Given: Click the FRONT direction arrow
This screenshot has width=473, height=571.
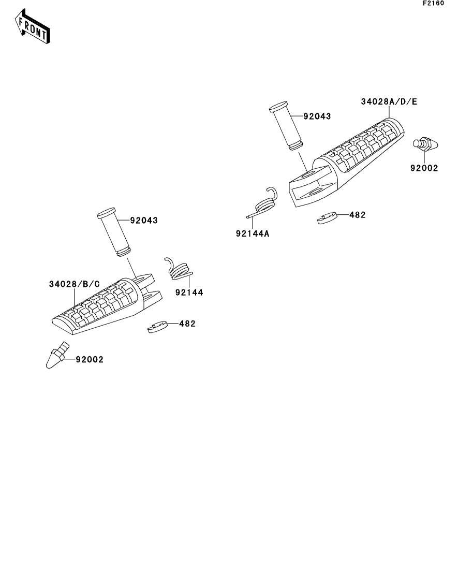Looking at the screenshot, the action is click(32, 26).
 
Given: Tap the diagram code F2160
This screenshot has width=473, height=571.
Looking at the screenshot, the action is click(433, 3).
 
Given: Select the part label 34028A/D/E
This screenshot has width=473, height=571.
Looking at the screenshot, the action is click(389, 101).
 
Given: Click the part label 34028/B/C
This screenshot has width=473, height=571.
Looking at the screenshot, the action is click(75, 284).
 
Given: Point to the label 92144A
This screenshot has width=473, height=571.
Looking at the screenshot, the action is click(253, 234).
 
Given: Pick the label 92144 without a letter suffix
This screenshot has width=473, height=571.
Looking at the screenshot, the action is click(189, 292).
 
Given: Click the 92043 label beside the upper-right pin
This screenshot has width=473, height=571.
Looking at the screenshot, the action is click(317, 116).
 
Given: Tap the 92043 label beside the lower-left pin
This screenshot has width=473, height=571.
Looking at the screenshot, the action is click(144, 221).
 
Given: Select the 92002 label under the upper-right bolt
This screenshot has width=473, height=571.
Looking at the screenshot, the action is click(424, 168).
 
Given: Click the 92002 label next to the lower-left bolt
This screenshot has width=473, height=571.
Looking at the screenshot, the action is click(90, 359).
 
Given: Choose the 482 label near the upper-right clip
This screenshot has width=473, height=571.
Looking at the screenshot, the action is click(357, 215).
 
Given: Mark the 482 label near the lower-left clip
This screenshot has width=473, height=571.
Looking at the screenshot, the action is click(187, 324).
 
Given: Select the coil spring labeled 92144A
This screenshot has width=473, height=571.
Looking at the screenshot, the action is click(263, 204).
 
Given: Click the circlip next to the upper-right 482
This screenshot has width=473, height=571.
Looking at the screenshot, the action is click(328, 218).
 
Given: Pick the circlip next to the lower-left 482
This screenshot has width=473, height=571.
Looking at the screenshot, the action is click(157, 327).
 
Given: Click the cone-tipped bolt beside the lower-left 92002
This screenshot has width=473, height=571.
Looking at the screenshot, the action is click(57, 355).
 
